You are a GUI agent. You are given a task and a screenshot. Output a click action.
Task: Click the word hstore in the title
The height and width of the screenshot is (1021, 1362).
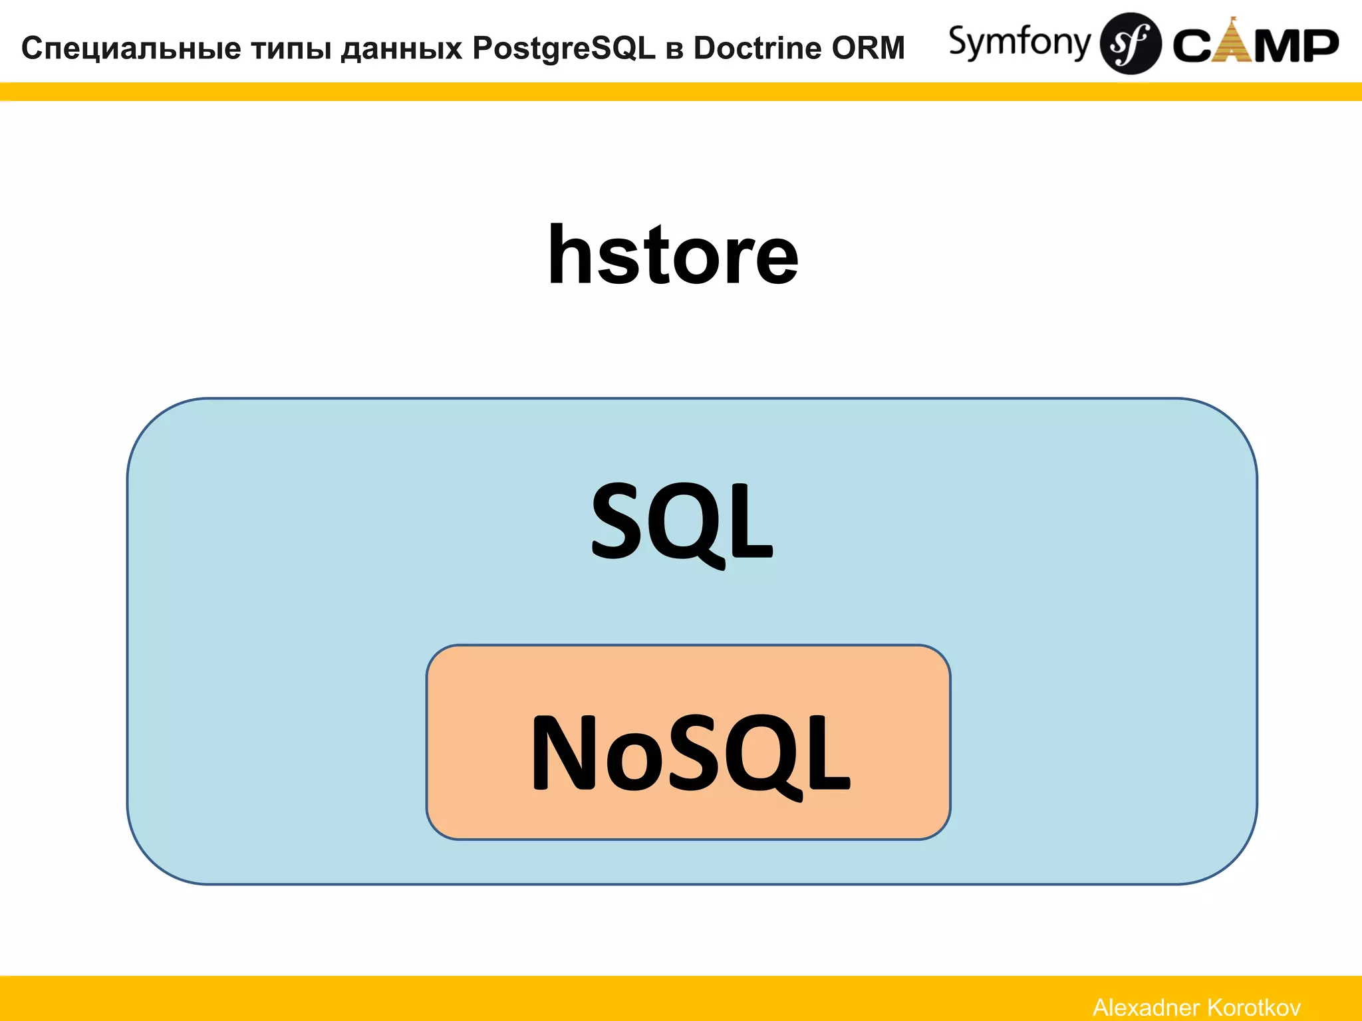672,256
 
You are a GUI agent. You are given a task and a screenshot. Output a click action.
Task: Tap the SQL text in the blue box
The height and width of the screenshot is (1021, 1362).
682,522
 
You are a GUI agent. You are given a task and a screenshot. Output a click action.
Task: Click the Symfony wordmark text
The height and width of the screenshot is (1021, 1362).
1019,43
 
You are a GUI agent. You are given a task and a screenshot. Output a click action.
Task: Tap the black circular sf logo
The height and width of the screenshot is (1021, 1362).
1130,43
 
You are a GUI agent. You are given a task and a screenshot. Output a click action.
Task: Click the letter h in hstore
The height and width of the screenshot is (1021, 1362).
570,255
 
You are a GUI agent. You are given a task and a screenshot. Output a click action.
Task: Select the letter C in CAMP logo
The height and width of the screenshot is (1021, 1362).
1192,46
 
